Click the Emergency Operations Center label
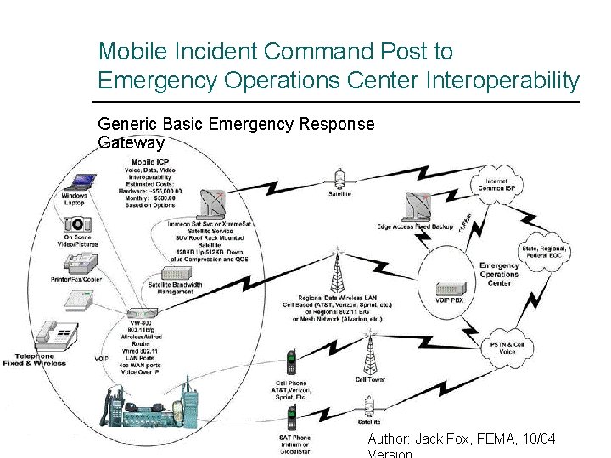499,275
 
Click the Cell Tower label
370,379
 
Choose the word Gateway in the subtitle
131,142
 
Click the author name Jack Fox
446,438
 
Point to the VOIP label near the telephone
102,360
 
